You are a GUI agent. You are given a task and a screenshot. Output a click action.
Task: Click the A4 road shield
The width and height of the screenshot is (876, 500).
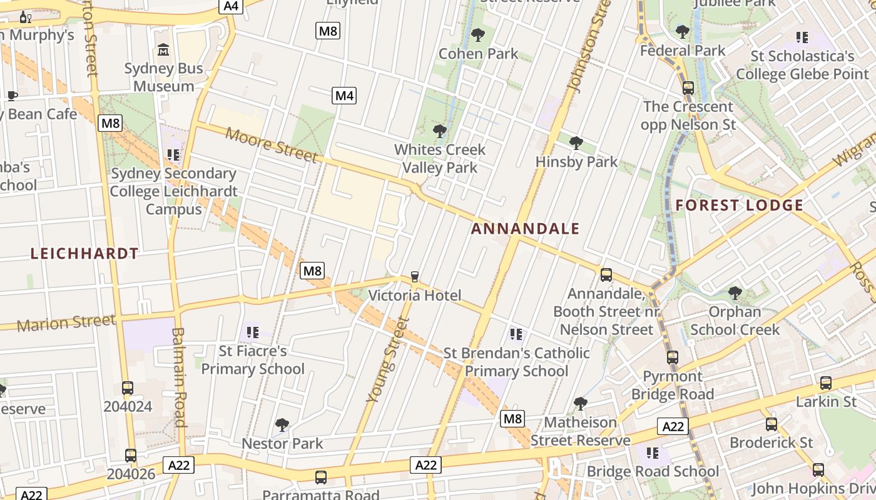click(x=232, y=6)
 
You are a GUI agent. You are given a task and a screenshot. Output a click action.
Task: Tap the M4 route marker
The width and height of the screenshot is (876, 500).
click(x=344, y=96)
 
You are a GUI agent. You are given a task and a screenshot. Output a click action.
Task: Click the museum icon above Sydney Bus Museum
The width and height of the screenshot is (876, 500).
click(x=164, y=49)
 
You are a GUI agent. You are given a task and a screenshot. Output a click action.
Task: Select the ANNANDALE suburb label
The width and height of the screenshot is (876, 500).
click(x=526, y=229)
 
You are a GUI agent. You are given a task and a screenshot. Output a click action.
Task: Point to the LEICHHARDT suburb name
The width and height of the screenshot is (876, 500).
click(x=84, y=253)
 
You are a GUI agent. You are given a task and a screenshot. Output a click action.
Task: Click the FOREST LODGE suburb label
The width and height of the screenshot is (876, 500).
click(x=740, y=205)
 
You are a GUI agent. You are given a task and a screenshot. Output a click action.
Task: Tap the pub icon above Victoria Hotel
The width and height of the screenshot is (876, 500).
click(x=414, y=277)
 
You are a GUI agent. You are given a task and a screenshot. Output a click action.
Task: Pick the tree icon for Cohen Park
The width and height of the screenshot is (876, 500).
click(x=478, y=35)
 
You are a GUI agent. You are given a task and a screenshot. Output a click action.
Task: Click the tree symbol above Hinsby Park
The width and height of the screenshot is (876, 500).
click(x=576, y=143)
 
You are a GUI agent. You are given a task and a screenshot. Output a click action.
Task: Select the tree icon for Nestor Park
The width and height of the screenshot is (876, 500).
click(x=282, y=425)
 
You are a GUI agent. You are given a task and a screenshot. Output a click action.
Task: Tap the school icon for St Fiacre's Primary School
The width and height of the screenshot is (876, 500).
click(x=253, y=332)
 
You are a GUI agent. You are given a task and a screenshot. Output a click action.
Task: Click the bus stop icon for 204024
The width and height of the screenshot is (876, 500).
click(x=128, y=388)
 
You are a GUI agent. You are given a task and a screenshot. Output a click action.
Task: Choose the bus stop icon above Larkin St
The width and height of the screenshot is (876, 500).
click(x=826, y=383)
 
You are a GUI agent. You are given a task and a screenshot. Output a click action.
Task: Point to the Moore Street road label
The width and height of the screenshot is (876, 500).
click(x=272, y=144)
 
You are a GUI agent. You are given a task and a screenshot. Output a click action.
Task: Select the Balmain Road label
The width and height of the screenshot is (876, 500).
click(x=179, y=377)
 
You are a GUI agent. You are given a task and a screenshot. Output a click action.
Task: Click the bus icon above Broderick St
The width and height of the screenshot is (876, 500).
click(x=772, y=424)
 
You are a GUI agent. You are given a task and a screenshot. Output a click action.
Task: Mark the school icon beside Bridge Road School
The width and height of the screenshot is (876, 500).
click(x=653, y=453)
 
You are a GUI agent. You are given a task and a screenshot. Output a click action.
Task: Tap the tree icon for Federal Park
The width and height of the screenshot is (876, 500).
click(x=683, y=32)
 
